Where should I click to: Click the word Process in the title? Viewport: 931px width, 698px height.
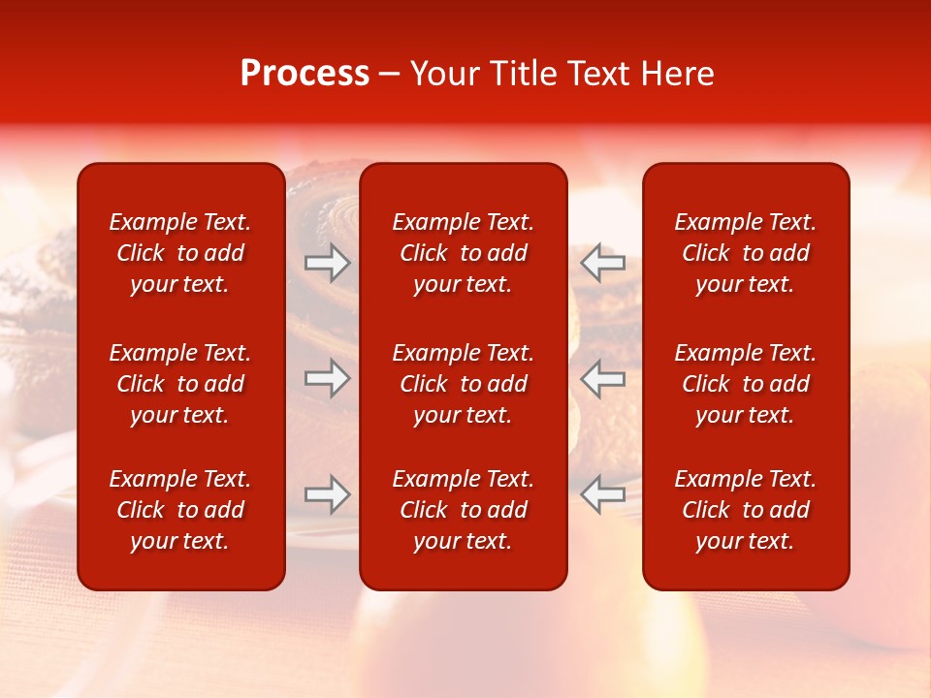[x=305, y=74]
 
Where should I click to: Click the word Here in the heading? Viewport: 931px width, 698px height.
[x=678, y=74]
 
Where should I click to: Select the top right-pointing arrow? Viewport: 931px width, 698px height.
[x=328, y=263]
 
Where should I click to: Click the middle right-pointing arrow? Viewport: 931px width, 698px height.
[x=328, y=378]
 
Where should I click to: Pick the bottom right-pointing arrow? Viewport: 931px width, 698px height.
[x=328, y=494]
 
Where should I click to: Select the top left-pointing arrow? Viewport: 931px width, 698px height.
[x=602, y=263]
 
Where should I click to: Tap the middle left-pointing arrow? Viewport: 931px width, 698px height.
[x=602, y=378]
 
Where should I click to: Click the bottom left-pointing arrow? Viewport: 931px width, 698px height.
[x=602, y=494]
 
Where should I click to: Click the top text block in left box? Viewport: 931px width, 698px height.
[x=180, y=253]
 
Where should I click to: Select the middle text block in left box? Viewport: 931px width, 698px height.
[x=180, y=384]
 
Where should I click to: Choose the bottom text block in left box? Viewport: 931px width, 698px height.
[x=180, y=510]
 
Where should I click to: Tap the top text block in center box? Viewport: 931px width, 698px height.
[x=463, y=253]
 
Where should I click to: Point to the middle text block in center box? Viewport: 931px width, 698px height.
[x=463, y=384]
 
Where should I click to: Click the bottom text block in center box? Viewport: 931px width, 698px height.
[x=463, y=510]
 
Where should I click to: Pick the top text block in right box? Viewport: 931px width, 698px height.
[x=745, y=253]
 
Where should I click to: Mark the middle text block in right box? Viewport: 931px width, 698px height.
[x=745, y=384]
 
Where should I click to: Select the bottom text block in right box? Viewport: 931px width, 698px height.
[x=745, y=510]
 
